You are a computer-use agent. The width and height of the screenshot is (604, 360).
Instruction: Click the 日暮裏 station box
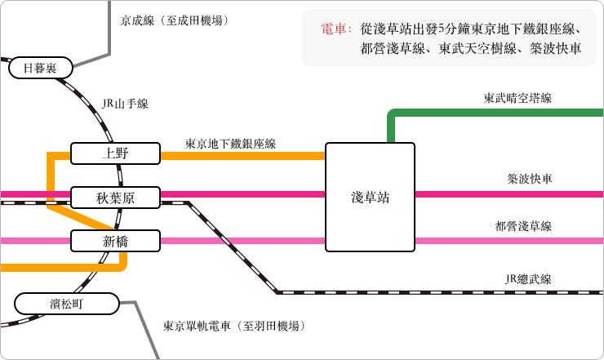(x=41, y=68)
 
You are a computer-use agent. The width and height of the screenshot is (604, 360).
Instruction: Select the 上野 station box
(x=115, y=153)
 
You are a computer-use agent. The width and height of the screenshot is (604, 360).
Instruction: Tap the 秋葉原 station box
(x=115, y=198)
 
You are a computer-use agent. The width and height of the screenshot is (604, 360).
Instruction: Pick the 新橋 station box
(x=115, y=241)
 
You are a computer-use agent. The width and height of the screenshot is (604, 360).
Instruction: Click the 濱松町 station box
(x=67, y=304)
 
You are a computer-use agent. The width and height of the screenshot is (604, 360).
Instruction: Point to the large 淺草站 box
(x=370, y=197)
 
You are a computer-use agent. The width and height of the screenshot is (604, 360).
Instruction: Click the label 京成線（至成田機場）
(x=175, y=20)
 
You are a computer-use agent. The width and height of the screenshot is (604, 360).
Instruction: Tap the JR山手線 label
(x=125, y=104)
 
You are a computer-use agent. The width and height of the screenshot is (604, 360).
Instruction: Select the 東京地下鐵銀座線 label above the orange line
(x=230, y=144)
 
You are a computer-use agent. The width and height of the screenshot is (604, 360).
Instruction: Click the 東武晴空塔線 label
(x=517, y=98)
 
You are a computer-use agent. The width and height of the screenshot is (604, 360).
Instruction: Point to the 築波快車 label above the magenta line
(x=529, y=179)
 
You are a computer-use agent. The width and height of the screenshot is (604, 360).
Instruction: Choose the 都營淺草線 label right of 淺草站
(x=523, y=226)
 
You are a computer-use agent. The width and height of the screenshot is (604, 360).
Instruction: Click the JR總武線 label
(x=528, y=278)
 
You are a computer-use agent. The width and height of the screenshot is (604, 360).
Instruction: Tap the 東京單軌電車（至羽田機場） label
(x=234, y=326)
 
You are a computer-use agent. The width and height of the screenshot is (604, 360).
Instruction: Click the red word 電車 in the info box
(x=334, y=29)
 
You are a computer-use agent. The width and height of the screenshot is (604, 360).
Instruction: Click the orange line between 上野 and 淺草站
(x=242, y=156)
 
